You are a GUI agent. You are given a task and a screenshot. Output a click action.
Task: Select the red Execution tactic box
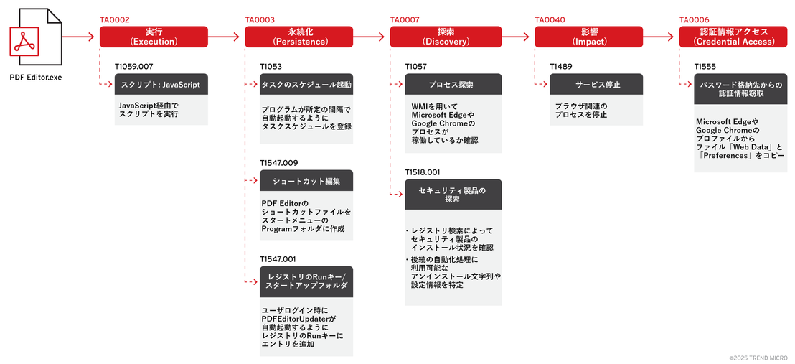pos(154,37)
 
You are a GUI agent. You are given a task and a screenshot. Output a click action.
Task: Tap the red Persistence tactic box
pos(298,37)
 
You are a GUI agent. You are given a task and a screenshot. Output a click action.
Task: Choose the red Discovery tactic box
pos(443,37)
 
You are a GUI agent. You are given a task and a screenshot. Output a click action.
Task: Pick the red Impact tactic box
pos(588,37)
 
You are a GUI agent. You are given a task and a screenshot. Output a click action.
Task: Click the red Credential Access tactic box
pos(733,37)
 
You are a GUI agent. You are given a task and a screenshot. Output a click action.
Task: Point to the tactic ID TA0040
pos(550,20)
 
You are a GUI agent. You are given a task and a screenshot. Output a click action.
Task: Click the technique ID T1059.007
pos(134,66)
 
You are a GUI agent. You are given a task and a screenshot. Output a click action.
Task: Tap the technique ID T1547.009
pos(279,162)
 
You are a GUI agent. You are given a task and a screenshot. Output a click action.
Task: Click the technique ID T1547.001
pos(278,259)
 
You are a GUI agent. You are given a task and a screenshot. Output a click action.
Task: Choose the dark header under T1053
pos(306,84)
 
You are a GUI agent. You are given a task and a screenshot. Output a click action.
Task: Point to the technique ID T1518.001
pos(424,172)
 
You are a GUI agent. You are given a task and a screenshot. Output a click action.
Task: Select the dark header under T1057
pos(453,84)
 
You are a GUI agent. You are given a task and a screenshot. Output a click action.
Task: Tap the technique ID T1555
pos(705,66)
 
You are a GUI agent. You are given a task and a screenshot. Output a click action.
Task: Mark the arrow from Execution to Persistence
pos(223,37)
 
